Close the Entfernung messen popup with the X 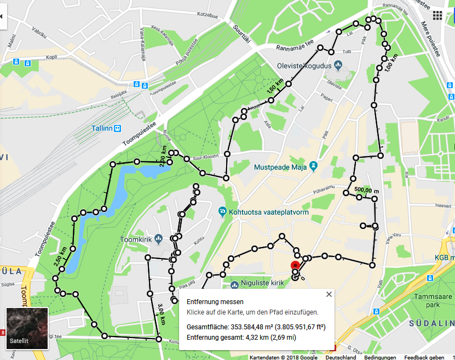pos(329,294)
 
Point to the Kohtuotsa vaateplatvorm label pos(266,211)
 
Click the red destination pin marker pos(296,266)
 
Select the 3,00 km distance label pos(162,312)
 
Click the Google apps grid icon pos(437,15)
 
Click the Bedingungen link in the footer pos(380,357)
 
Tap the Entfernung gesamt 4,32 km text pos(241,337)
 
